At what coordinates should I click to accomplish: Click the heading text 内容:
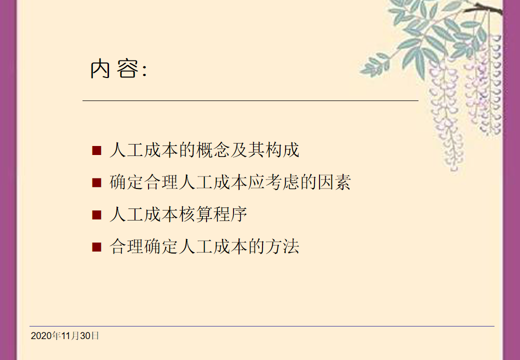pyautogui.click(x=118, y=68)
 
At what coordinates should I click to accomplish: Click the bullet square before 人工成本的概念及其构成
pyautogui.click(x=96, y=150)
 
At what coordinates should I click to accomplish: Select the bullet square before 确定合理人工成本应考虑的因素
pyautogui.click(x=96, y=182)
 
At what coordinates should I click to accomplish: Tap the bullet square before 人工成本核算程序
pyautogui.click(x=96, y=215)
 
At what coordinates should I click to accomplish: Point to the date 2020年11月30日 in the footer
pyautogui.click(x=64, y=336)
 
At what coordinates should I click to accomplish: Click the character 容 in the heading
pyautogui.click(x=127, y=68)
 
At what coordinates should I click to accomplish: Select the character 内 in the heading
pyautogui.click(x=100, y=68)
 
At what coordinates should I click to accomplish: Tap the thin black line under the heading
pyautogui.click(x=250, y=100)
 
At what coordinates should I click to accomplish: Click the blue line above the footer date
pyautogui.click(x=262, y=326)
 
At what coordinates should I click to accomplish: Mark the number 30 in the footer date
pyautogui.click(x=85, y=336)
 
